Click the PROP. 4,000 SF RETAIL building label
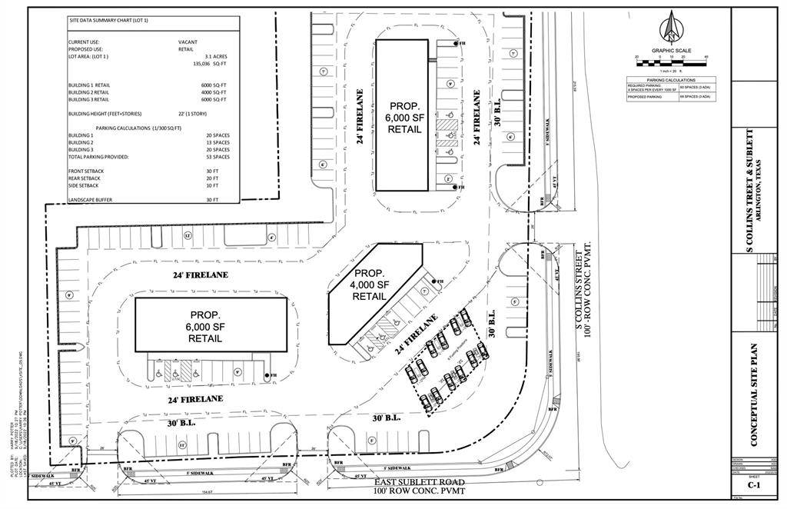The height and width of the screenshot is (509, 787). pyautogui.click(x=369, y=284)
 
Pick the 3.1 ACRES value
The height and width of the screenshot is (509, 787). pyautogui.click(x=215, y=56)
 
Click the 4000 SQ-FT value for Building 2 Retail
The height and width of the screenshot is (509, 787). pyautogui.click(x=214, y=92)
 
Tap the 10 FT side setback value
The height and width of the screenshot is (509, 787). pyautogui.click(x=212, y=185)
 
